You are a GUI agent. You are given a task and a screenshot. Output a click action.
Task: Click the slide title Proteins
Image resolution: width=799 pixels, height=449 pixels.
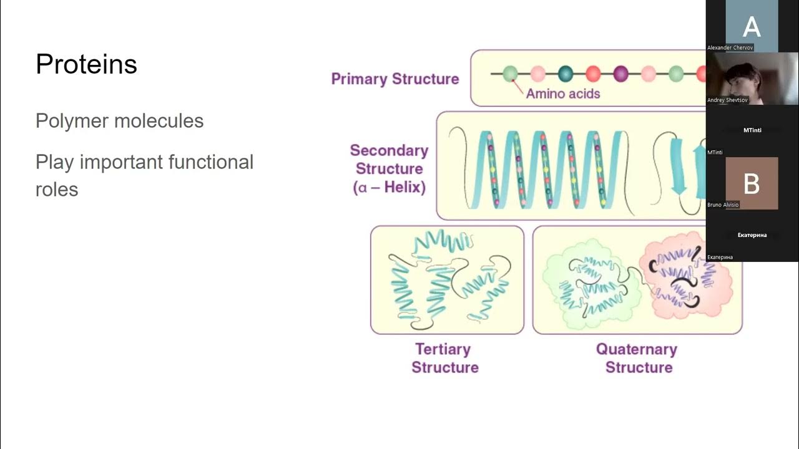86,64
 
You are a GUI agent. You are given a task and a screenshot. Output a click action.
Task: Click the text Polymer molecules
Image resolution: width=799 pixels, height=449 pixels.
119,120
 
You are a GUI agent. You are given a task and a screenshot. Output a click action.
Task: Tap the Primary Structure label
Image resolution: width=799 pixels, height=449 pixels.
395,79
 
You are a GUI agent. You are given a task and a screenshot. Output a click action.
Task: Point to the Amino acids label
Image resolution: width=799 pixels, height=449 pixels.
562,94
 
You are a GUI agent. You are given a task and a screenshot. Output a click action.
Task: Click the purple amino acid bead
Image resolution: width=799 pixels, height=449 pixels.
620,74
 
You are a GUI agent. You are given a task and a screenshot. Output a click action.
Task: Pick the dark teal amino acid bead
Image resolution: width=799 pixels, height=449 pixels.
566,74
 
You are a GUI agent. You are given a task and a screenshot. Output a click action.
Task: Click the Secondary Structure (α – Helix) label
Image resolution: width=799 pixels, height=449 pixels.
389,169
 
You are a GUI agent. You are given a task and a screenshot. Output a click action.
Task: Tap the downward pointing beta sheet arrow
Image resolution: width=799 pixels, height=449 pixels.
678,166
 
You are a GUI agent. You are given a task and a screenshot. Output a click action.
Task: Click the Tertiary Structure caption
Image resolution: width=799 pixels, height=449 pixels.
444,358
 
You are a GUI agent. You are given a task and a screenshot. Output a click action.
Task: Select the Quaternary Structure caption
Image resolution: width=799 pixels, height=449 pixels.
637,358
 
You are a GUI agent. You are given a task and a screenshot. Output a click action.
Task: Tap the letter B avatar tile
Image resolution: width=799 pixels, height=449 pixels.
752,183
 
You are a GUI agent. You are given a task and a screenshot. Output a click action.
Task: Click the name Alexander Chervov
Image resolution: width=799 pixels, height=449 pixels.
730,47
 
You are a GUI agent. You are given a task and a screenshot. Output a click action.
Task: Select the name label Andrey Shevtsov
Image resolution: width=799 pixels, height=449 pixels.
727,100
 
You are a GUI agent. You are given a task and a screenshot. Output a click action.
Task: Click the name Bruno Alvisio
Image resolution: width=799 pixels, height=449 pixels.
723,205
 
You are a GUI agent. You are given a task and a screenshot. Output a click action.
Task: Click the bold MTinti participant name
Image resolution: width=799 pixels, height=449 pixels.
752,130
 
